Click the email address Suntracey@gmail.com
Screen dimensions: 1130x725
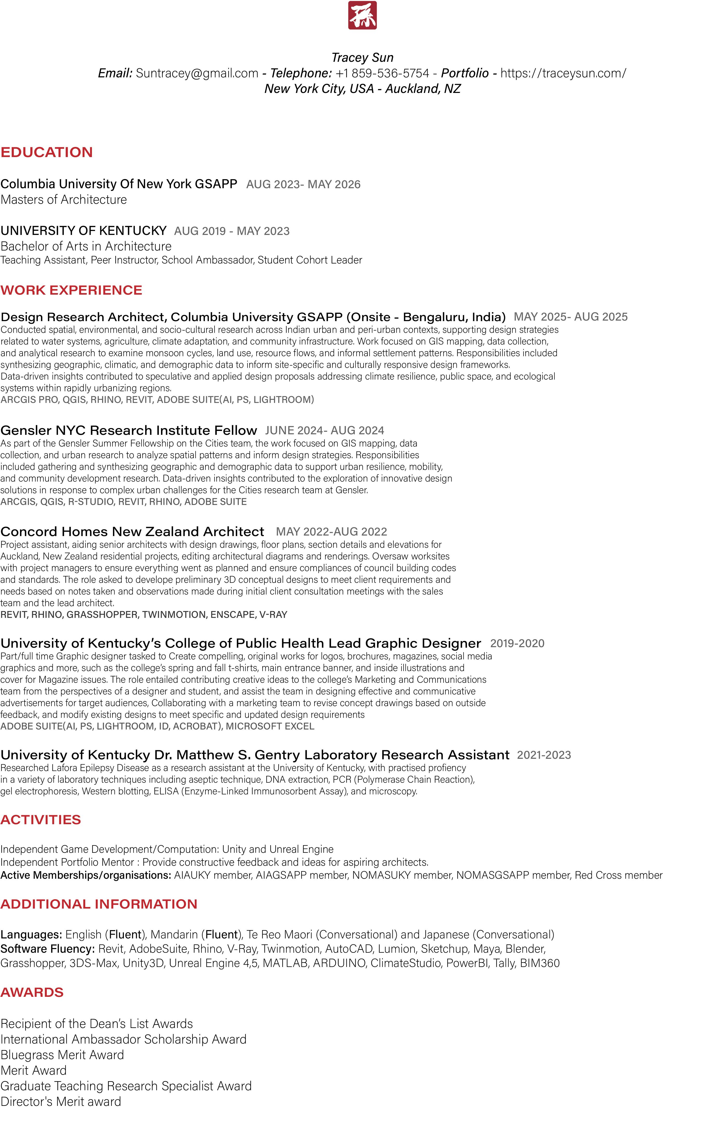click(197, 73)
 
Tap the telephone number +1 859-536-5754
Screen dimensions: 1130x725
click(382, 73)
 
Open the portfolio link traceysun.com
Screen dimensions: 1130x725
click(563, 73)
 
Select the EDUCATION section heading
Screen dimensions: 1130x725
click(46, 152)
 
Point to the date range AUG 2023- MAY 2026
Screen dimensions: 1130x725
click(303, 185)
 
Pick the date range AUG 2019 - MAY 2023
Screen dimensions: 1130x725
click(232, 231)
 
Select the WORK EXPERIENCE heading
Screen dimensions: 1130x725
click(71, 290)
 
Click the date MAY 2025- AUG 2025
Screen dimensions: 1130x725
click(570, 317)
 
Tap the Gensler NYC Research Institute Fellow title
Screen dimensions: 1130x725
click(129, 430)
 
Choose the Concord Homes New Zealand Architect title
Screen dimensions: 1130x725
click(132, 532)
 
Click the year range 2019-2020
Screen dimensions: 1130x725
click(517, 643)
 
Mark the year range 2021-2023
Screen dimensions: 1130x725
click(544, 755)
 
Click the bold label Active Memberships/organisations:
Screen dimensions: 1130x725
click(86, 875)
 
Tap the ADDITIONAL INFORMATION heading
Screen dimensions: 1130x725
click(99, 904)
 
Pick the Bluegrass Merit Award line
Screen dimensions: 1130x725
click(62, 1055)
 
